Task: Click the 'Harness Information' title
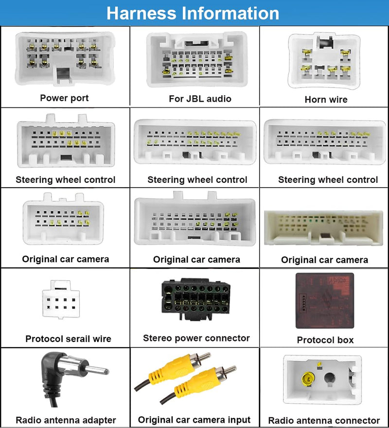coord(193,13)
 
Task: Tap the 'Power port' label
coord(64,98)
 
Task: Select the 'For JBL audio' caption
coord(200,99)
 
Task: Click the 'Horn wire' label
coord(326,99)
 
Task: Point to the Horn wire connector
coord(324,61)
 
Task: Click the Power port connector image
coord(65,58)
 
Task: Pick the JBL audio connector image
coord(197,59)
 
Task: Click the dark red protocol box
coord(325,301)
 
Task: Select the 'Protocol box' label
coord(325,340)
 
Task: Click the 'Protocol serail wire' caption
coord(68,339)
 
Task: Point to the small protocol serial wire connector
coord(61,300)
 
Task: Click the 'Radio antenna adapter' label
coord(66,420)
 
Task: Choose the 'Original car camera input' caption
coord(194,420)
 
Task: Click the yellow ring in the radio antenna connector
coord(308,379)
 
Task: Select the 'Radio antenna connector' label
coord(324,420)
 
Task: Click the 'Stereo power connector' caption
coord(196,338)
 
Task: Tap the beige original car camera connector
coord(323,228)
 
